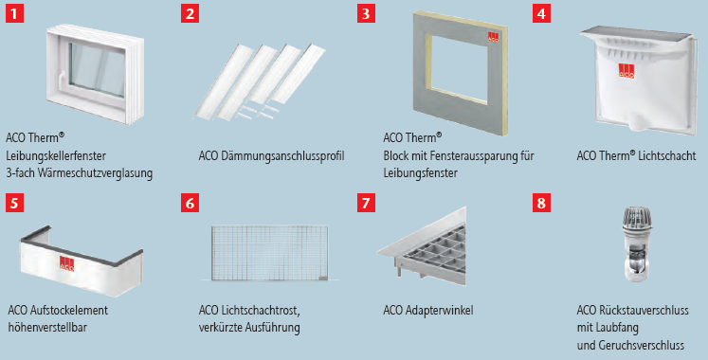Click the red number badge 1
tap(14, 13)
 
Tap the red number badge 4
tap(541, 13)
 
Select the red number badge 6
tap(191, 203)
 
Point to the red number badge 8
tap(541, 203)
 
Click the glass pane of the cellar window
tap(98, 69)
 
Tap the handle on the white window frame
tap(64, 78)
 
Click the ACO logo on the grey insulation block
tap(493, 38)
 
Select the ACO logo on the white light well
tap(626, 71)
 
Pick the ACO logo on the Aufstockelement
tap(67, 264)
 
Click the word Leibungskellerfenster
tap(56, 156)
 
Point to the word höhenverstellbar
tap(47, 327)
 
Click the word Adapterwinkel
tap(440, 311)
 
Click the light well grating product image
tap(269, 253)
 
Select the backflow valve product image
tap(637, 244)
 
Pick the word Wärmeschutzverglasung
tap(95, 173)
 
